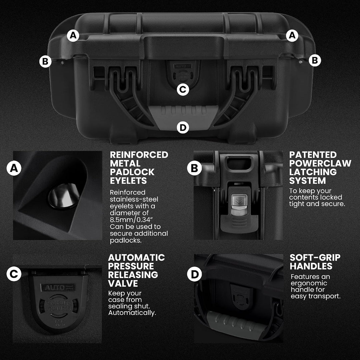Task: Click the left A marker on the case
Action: pos(73,36)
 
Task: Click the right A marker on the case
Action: pos(292,36)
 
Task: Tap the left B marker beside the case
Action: pos(45,61)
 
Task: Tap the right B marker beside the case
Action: pos(315,60)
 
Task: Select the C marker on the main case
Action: pos(183,90)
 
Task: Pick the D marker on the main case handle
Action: pos(183,127)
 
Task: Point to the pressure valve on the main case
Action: pos(183,71)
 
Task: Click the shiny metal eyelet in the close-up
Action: pos(64,196)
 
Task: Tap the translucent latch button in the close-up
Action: pos(239,205)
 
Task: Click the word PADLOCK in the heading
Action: pos(132,172)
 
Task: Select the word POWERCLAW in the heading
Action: pos(320,163)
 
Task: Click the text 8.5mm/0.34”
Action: pos(131,220)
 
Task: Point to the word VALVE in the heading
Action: pos(123,284)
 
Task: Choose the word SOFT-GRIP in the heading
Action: pos(315,258)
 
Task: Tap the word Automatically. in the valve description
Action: pos(132,313)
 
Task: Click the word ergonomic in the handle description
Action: pos(309,283)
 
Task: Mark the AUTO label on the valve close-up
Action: pos(58,288)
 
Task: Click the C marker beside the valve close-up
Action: pos(14,274)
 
